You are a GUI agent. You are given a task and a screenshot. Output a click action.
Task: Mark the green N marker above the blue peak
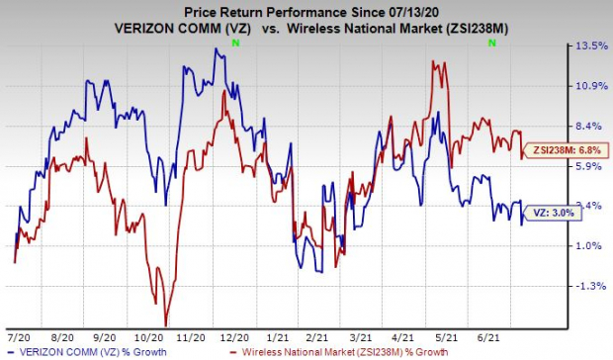pos(233,45)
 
